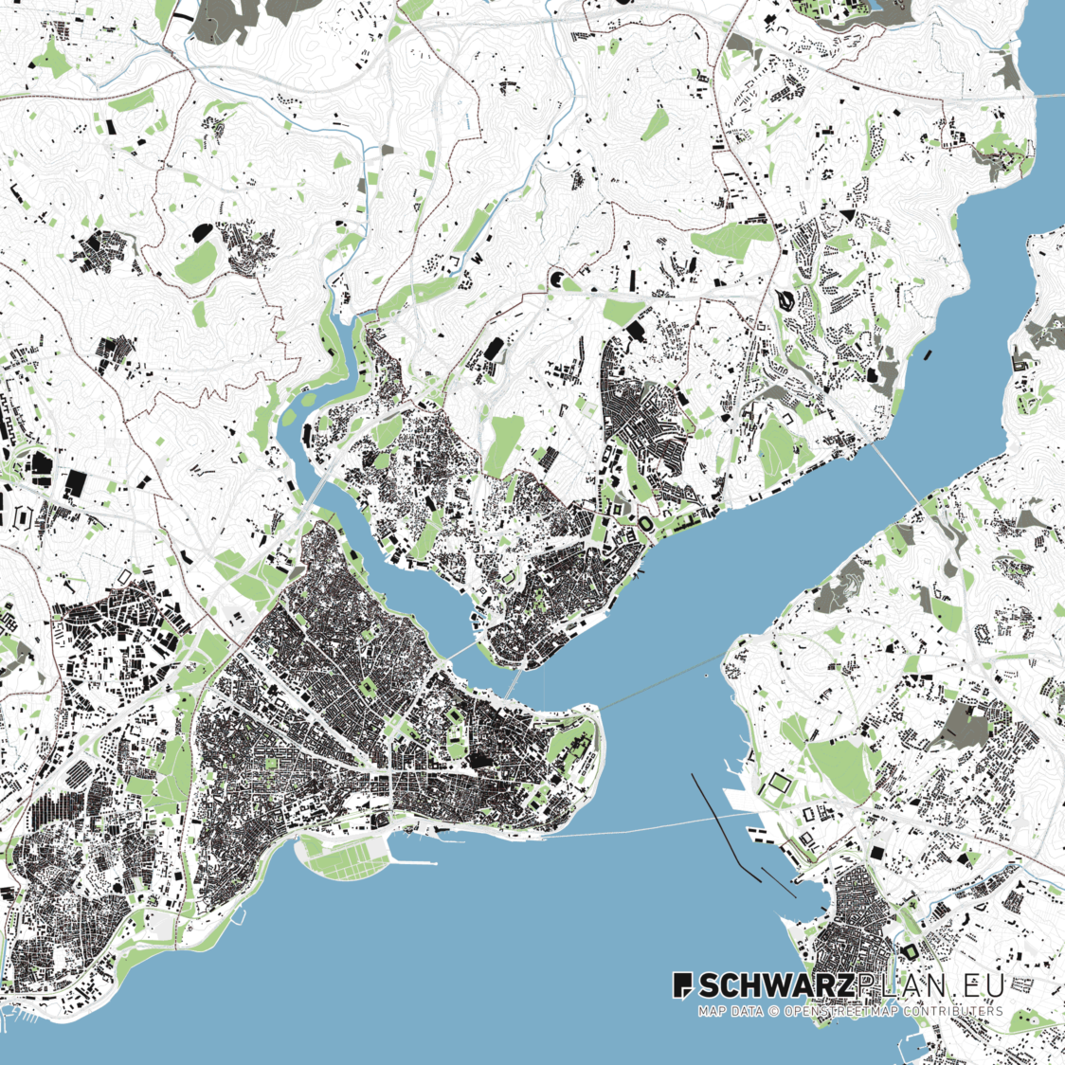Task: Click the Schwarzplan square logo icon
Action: (683, 985)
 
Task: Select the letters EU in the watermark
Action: (985, 985)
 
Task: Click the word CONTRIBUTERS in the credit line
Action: (952, 1011)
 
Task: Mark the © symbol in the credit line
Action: (773, 1011)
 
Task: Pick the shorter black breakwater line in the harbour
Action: (778, 882)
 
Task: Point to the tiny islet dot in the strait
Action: (707, 676)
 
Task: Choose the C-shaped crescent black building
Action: (558, 280)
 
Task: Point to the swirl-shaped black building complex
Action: (786, 300)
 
